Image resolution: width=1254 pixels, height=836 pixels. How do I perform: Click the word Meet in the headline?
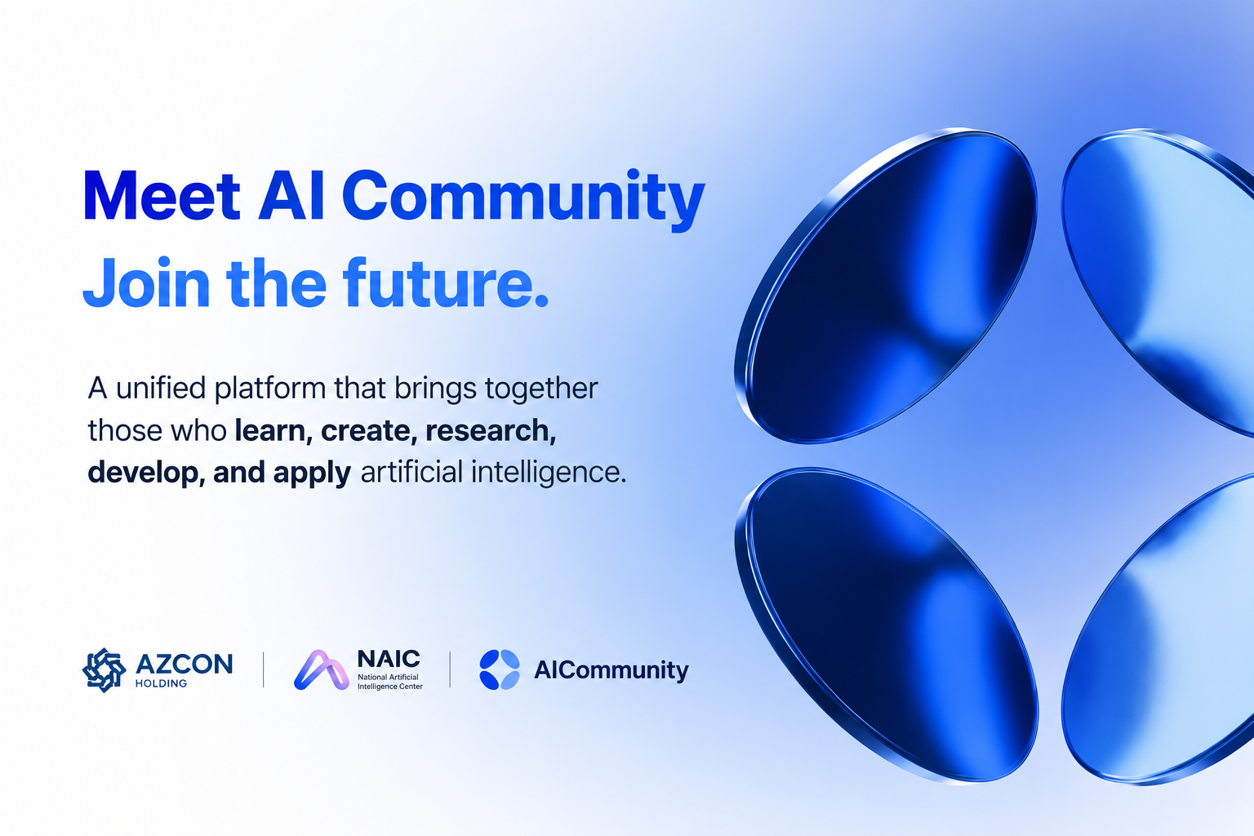[162, 196]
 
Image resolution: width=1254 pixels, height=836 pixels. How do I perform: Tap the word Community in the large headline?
[522, 201]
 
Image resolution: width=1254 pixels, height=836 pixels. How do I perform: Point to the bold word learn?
[270, 430]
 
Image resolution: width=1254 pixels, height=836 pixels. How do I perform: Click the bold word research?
[491, 430]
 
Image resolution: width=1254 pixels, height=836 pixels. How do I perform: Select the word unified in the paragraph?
[161, 388]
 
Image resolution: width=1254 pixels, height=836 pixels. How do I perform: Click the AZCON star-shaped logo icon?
[104, 670]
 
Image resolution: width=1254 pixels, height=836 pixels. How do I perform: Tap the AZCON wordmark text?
[184, 665]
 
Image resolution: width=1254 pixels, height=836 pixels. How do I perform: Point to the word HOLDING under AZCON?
[161, 683]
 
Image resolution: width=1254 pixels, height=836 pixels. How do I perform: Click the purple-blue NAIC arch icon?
[322, 670]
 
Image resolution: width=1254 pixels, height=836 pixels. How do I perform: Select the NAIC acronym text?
[389, 659]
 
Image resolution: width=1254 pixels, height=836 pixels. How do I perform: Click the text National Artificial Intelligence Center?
[390, 682]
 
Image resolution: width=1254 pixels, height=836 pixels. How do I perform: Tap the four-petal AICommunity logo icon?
[500, 669]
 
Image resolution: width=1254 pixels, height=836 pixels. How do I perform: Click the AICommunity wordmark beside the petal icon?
[611, 671]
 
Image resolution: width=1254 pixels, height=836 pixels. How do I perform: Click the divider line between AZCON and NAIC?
[263, 669]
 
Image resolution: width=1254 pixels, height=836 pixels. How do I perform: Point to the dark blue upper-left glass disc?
[886, 286]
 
